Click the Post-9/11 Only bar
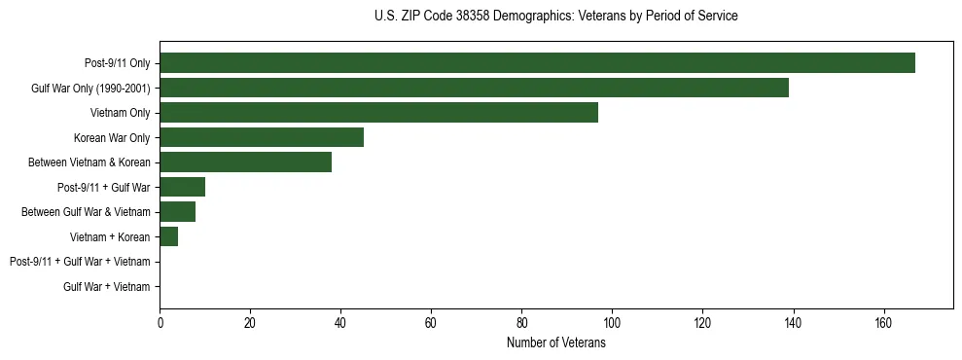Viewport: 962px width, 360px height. (x=537, y=63)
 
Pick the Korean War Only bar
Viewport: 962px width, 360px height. (x=262, y=137)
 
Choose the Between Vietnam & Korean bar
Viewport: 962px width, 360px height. (x=245, y=162)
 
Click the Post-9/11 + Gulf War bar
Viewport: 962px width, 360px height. (x=182, y=187)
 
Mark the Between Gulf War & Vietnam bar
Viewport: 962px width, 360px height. (x=177, y=212)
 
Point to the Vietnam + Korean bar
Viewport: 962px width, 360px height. (x=168, y=236)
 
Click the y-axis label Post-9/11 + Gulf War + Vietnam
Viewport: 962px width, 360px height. (x=80, y=262)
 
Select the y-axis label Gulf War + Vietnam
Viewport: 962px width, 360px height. (x=107, y=287)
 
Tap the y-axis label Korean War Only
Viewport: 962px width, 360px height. (x=112, y=138)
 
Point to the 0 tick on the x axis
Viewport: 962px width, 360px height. (x=160, y=322)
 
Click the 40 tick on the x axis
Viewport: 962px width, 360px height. (x=340, y=322)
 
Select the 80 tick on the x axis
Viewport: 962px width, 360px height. (x=521, y=322)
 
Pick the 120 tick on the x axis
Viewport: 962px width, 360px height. (x=702, y=322)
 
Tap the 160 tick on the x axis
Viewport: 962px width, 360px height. (x=883, y=322)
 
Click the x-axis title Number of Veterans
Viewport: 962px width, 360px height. (x=556, y=343)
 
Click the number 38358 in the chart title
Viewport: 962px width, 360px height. (x=466, y=17)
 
